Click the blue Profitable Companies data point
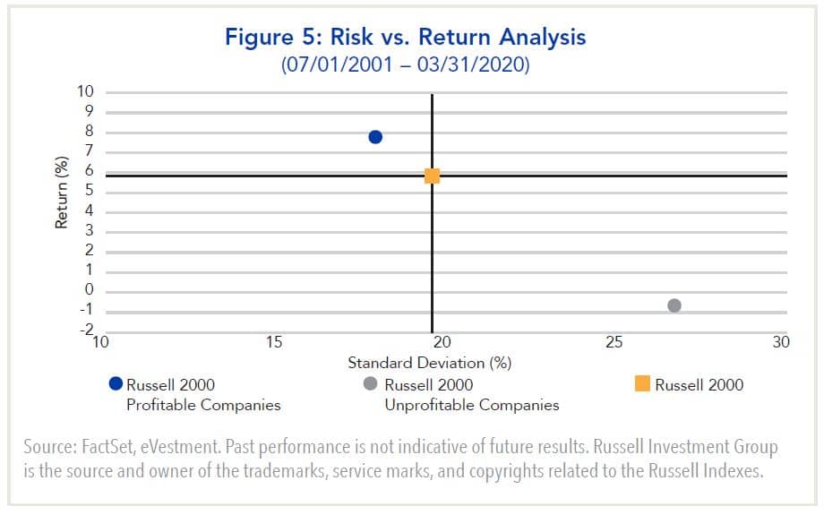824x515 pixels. [x=375, y=136]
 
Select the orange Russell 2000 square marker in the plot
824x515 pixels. [x=432, y=176]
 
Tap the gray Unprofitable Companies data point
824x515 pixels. [x=674, y=305]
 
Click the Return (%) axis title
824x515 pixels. [x=62, y=192]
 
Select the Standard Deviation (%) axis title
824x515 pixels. [x=429, y=363]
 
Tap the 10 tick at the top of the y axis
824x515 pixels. [x=85, y=92]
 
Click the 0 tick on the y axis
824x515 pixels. [x=90, y=290]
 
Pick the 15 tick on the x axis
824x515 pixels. [x=274, y=342]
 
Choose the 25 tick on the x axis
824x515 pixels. [x=614, y=342]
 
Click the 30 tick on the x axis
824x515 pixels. [x=780, y=342]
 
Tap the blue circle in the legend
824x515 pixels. [x=115, y=384]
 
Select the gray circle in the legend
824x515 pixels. [x=369, y=384]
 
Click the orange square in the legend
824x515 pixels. [x=641, y=384]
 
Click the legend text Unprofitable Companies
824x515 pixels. [x=471, y=405]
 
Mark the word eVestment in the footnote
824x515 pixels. [x=208, y=447]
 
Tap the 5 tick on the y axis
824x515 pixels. [x=90, y=192]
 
